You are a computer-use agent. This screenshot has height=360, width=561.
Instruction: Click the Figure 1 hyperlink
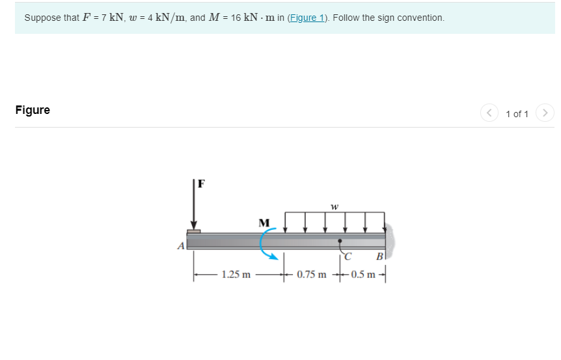(x=310, y=18)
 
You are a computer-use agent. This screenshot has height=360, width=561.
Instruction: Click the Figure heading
(x=33, y=110)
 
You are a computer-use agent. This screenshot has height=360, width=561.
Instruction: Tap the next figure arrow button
(x=546, y=113)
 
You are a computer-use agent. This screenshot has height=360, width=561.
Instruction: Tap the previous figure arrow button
(x=489, y=113)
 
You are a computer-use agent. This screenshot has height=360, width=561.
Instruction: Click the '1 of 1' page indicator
(x=517, y=114)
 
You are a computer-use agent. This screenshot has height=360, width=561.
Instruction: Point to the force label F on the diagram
(x=201, y=184)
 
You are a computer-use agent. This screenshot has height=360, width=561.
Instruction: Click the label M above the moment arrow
(x=264, y=223)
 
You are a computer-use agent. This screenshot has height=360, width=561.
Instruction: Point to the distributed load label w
(x=334, y=206)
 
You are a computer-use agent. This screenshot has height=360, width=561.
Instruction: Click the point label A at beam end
(x=181, y=246)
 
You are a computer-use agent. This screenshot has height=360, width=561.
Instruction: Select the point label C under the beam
(x=348, y=255)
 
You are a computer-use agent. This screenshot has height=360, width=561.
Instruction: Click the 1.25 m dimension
(x=236, y=274)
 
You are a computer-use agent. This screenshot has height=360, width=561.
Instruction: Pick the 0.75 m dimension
(x=312, y=274)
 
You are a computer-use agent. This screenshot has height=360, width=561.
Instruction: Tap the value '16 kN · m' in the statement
(x=251, y=18)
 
